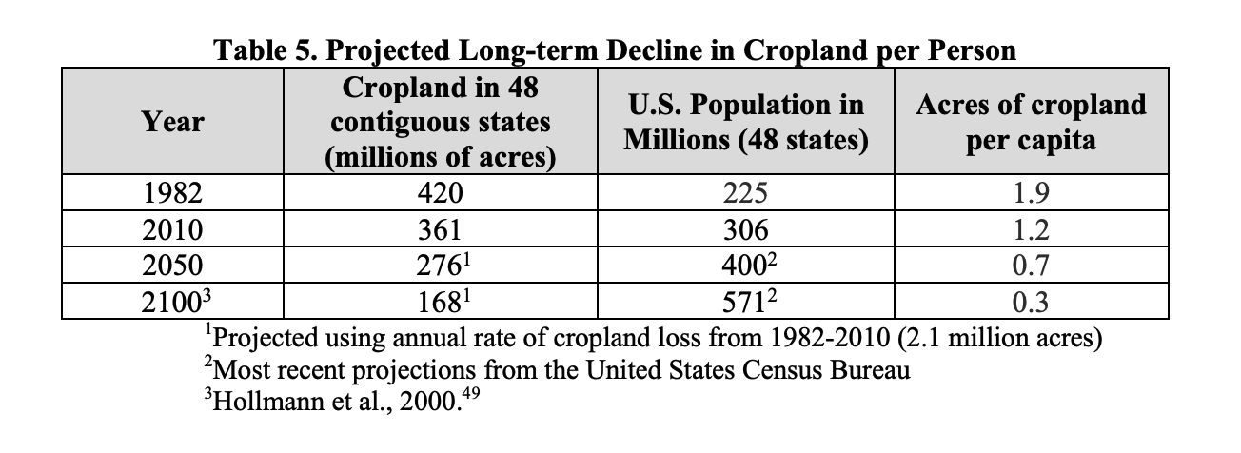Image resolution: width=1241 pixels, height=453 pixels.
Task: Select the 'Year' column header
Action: [x=172, y=122]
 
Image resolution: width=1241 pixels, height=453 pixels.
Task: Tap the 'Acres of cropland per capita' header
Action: [x=1031, y=122]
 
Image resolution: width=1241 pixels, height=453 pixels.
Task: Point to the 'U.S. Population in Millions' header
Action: [x=745, y=122]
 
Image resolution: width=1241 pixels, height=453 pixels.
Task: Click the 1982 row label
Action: [x=171, y=194]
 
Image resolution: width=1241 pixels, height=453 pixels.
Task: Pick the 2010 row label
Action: [x=171, y=229]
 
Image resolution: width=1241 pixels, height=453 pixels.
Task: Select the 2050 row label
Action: [x=171, y=265]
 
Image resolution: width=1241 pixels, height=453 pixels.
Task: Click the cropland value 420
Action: [x=440, y=194]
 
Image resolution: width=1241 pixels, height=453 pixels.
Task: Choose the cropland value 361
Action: [x=440, y=229]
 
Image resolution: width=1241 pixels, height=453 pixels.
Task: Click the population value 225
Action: [x=745, y=194]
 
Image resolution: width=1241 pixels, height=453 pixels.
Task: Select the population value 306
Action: [x=745, y=229]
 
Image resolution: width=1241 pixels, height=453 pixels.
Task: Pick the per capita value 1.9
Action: [x=1031, y=194]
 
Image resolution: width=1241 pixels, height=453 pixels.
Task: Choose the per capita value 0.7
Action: [x=1031, y=265]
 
